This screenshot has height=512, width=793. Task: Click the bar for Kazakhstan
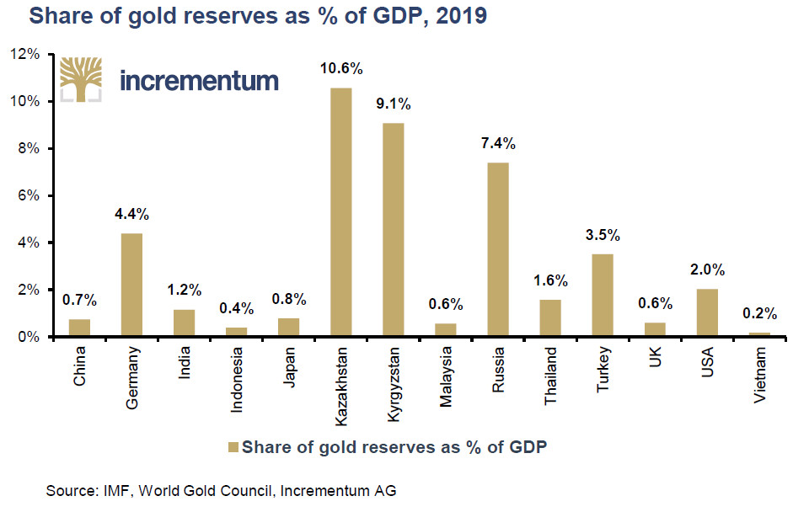click(340, 212)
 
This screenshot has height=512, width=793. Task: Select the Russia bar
click(498, 249)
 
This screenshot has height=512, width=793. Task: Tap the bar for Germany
click(131, 285)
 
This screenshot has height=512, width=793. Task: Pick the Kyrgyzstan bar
click(393, 230)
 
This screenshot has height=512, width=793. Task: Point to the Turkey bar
click(603, 296)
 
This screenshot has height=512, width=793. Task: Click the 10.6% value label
click(340, 68)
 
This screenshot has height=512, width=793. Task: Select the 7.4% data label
click(498, 144)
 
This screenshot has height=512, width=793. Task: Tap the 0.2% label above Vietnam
click(760, 312)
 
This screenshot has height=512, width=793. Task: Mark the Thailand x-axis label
click(551, 373)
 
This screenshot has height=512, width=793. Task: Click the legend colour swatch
click(233, 447)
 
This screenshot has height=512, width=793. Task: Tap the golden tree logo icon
click(81, 78)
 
